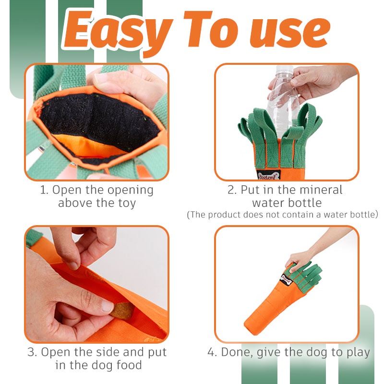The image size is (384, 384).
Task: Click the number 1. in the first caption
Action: point(44,190)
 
